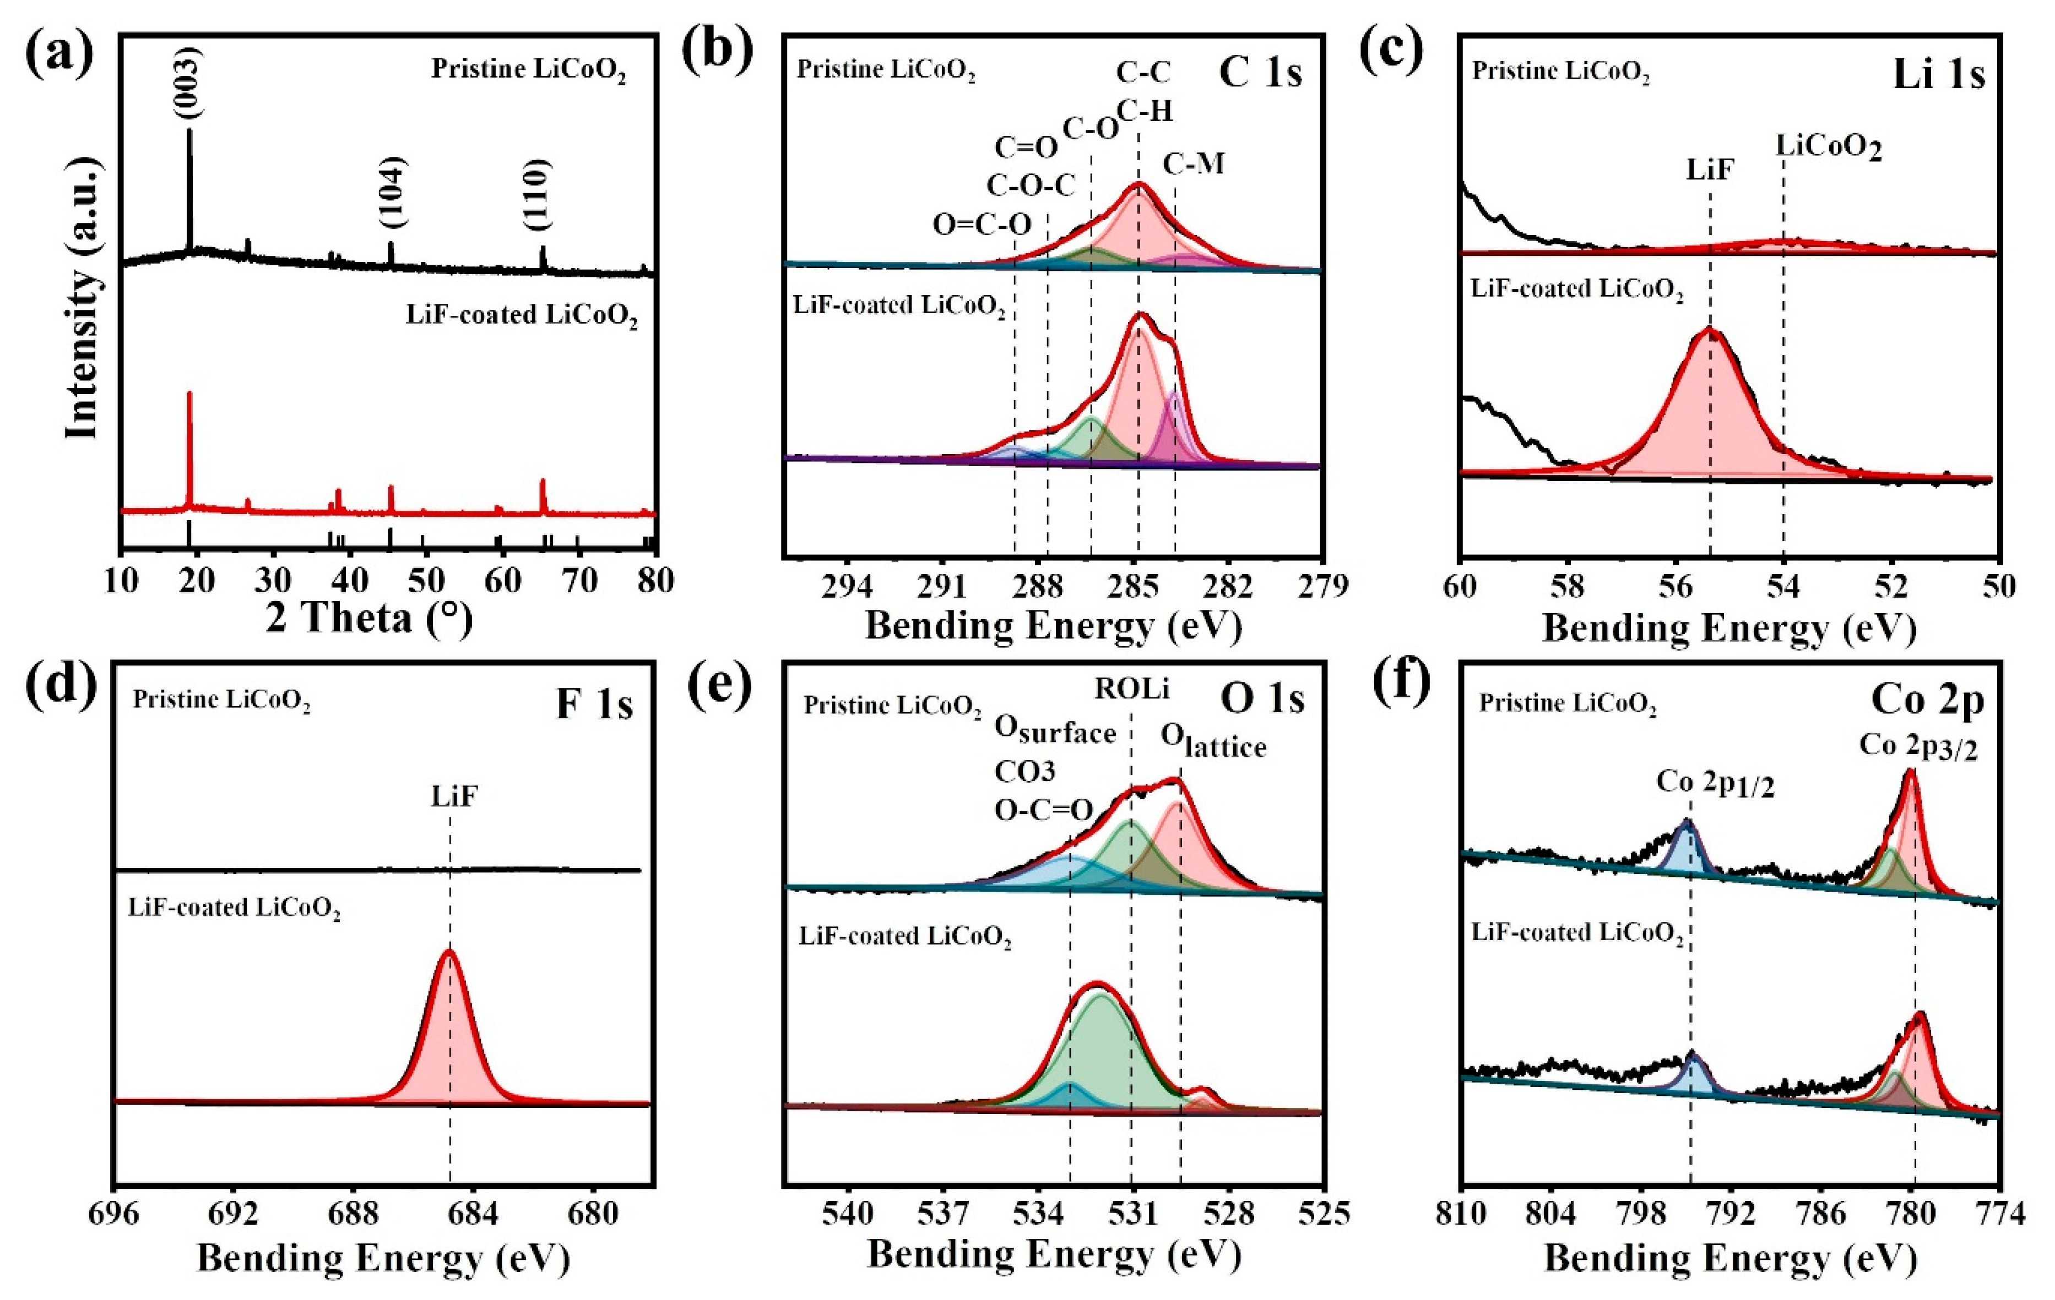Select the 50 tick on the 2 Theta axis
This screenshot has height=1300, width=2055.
426,581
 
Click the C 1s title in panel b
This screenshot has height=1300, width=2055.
1260,73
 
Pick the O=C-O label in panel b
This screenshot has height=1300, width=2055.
982,225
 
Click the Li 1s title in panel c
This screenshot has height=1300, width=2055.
1938,75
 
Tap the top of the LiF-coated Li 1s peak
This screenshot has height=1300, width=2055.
1709,329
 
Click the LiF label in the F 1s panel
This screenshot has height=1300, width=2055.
453,797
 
